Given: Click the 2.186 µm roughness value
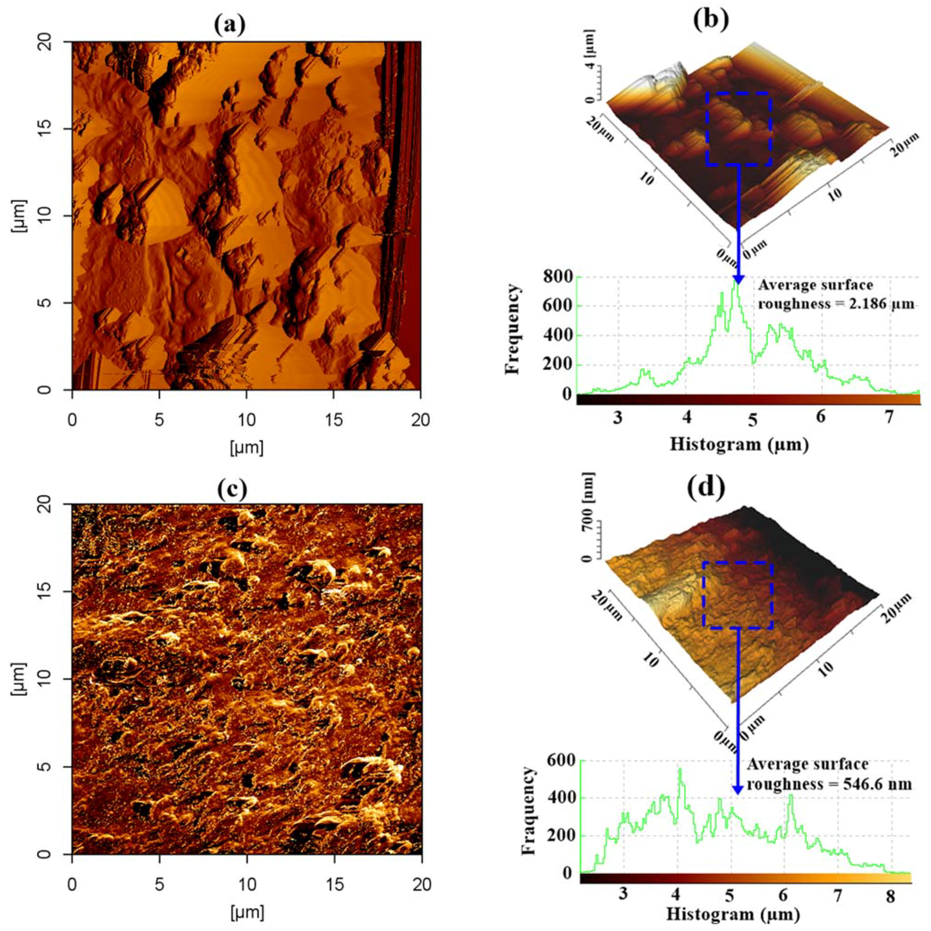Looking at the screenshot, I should [878, 304].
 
